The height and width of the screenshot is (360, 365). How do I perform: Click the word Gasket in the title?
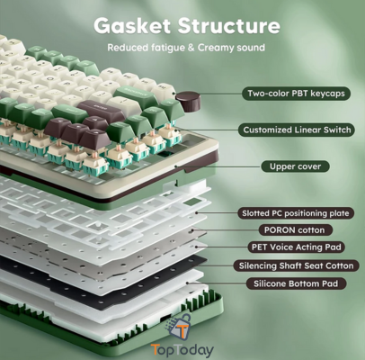click(132, 26)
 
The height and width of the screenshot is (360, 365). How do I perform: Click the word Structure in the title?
click(229, 26)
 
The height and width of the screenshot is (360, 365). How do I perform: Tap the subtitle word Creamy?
click(218, 48)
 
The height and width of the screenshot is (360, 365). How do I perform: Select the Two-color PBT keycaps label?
click(296, 94)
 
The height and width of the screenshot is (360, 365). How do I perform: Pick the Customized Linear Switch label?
click(297, 130)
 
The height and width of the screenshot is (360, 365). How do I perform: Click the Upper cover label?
click(295, 166)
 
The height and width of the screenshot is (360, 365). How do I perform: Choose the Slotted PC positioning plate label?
click(296, 213)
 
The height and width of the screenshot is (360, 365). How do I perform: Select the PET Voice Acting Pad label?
click(297, 247)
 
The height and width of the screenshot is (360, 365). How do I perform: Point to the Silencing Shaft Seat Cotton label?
click(296, 265)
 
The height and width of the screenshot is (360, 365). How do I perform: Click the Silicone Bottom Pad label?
click(296, 283)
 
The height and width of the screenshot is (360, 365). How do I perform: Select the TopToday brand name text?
click(182, 350)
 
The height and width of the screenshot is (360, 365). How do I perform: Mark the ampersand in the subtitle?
click(191, 48)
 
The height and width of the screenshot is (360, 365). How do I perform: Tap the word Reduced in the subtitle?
click(128, 48)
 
